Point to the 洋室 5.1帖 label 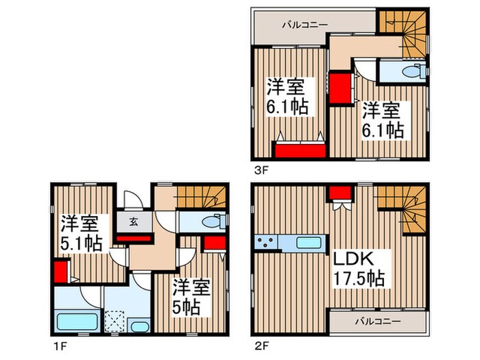[80, 233]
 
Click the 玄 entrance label [133, 221]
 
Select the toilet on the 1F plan [213, 222]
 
